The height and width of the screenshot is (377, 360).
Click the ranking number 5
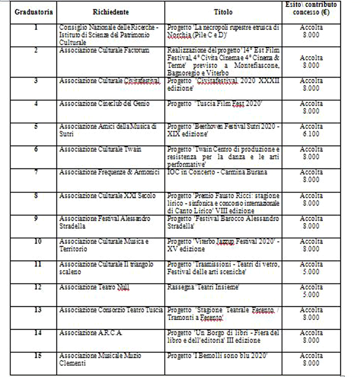pos(35,125)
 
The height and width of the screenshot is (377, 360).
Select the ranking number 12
pos(35,286)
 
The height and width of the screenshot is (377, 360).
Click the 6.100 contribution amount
pos(311,134)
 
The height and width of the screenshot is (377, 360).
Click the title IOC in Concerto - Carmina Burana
pos(217,172)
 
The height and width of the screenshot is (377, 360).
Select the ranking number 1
pos(35,26)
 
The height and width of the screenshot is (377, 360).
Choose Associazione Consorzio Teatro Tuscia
pos(111,310)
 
